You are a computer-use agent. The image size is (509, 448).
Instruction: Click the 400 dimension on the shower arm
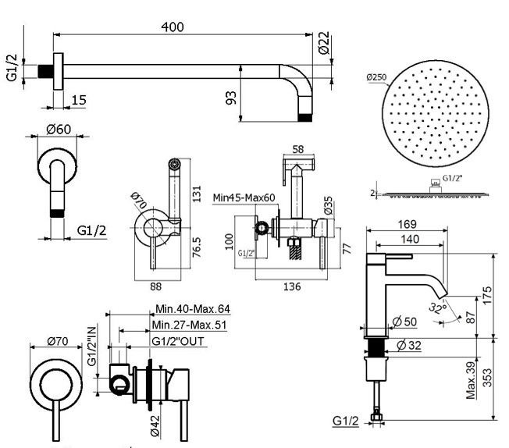click(x=173, y=27)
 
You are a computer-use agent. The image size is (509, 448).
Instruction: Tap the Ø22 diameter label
click(x=324, y=44)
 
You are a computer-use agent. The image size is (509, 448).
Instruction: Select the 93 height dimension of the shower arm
click(x=230, y=98)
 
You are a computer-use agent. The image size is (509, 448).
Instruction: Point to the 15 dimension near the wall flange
click(x=79, y=99)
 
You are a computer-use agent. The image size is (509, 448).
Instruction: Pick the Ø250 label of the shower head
click(x=376, y=77)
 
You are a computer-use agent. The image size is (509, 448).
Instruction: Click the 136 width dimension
click(x=290, y=286)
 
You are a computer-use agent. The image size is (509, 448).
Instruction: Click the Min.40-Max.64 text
click(x=193, y=310)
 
